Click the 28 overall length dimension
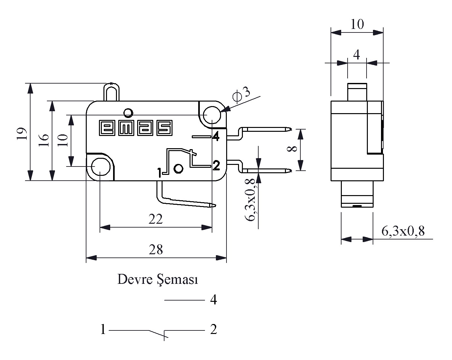tap(156, 250)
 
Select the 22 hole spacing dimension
tap(155, 219)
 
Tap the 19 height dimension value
tap(22, 134)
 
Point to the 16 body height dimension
tap(44, 140)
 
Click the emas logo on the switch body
tap(136, 128)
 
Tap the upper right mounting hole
tap(212, 115)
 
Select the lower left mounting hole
tap(101, 167)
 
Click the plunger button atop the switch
tap(111, 92)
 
